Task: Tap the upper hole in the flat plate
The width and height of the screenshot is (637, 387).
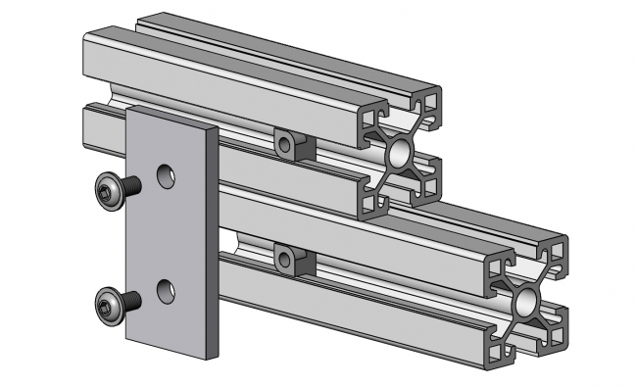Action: click(x=168, y=176)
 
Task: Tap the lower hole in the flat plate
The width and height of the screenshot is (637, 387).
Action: click(x=167, y=291)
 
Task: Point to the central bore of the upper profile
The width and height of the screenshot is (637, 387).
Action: click(x=401, y=153)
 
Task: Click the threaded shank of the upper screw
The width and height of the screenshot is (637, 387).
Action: click(x=131, y=185)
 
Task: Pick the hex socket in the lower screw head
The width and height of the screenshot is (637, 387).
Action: click(x=104, y=309)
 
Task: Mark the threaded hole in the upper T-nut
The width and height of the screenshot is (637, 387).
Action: click(x=285, y=146)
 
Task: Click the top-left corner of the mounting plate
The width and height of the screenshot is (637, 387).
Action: click(x=127, y=111)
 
